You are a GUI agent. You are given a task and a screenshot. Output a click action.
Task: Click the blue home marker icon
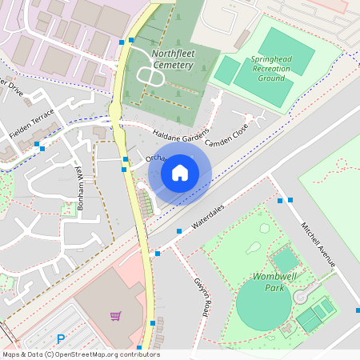[180, 173]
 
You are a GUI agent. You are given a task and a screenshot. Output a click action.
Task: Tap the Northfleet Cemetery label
[172, 59]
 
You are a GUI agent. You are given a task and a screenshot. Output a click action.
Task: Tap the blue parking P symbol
[60, 339]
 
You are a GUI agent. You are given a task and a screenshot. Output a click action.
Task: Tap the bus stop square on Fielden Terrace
[38, 145]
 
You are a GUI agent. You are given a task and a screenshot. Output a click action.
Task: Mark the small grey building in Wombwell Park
[285, 259]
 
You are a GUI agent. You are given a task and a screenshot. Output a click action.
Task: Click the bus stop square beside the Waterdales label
[179, 230]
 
